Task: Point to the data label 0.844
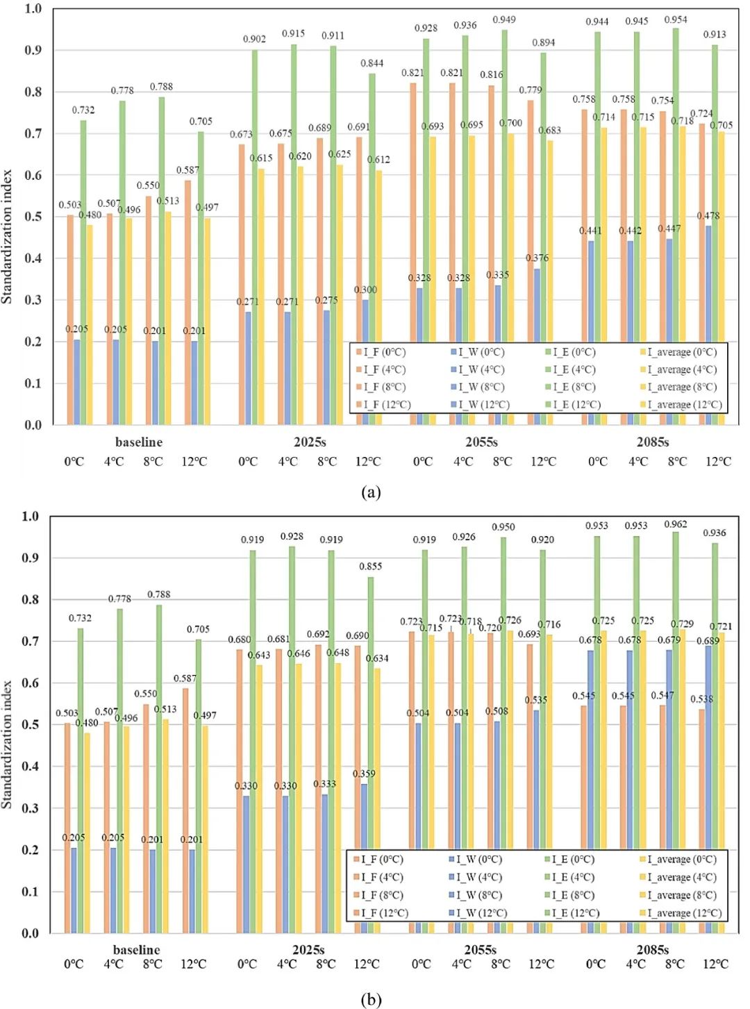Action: coord(372,63)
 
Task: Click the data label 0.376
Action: coord(537,258)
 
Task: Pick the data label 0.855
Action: coord(371,567)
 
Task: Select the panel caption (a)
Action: coord(372,492)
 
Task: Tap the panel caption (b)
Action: coord(372,999)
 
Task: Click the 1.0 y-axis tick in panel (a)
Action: coord(33,9)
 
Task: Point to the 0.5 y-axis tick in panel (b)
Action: coord(31,725)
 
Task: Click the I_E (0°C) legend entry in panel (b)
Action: coord(573,860)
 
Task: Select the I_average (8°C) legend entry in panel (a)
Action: coord(682,387)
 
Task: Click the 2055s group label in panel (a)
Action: coord(481,442)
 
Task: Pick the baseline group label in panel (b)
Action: coord(137,949)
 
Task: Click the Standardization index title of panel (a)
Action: coord(8,236)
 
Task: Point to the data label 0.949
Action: coord(504,19)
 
